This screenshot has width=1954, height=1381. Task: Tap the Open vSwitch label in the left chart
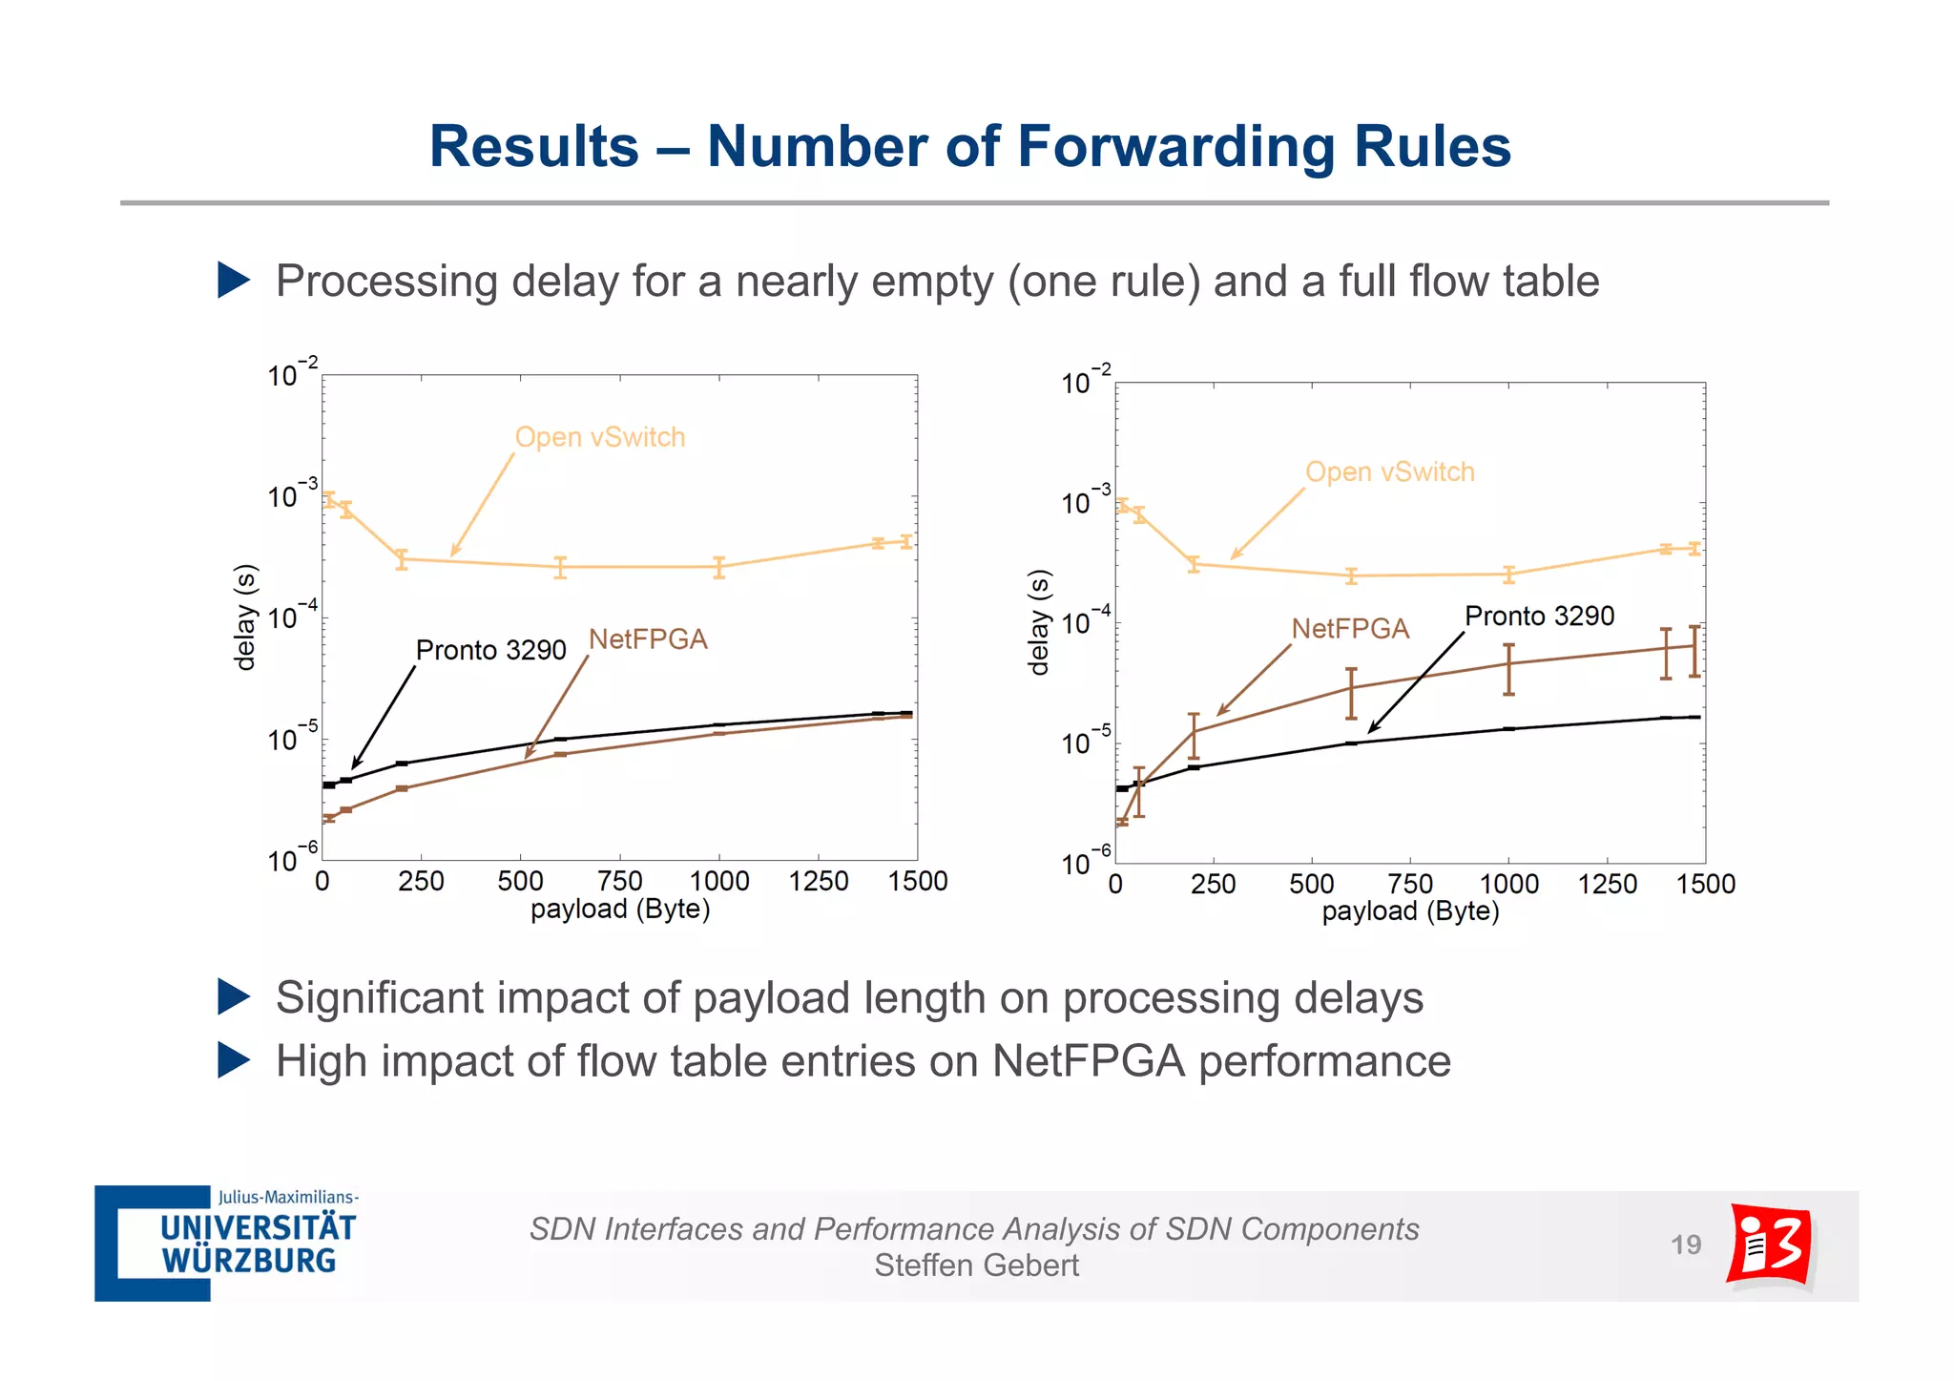[x=599, y=437]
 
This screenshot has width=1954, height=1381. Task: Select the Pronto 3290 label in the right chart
[x=1538, y=617]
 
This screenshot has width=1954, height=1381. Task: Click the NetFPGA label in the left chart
[x=647, y=639]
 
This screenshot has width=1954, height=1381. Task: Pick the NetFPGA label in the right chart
[x=1349, y=629]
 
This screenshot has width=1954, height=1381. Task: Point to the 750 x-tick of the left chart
[x=619, y=881]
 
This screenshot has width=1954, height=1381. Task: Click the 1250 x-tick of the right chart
[x=1607, y=884]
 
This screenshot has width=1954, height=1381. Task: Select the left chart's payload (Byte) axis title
[x=620, y=910]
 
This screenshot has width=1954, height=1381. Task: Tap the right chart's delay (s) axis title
[x=1039, y=622]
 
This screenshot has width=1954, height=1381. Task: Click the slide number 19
[x=1685, y=1245]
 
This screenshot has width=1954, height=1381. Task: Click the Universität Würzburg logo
[x=227, y=1244]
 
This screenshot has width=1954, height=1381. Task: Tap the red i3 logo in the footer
[x=1770, y=1245]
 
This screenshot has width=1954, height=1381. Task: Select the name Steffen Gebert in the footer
[x=976, y=1266]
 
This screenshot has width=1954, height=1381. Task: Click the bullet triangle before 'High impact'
[x=233, y=1060]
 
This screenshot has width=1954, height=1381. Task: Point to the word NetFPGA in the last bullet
[x=1088, y=1061]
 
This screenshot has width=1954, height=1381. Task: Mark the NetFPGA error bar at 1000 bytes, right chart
[x=1508, y=669]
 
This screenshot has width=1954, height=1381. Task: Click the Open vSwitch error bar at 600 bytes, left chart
[x=560, y=568]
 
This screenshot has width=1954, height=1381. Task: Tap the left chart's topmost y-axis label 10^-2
[x=291, y=373]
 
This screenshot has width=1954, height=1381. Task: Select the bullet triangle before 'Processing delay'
[x=233, y=281]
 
